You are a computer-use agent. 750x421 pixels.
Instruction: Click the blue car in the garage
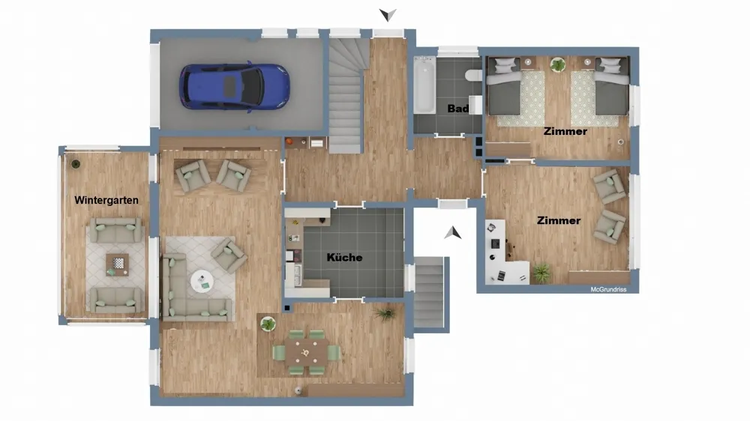[234, 87]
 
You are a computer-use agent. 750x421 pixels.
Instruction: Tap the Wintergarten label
[106, 200]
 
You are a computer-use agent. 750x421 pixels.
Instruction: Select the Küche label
[344, 258]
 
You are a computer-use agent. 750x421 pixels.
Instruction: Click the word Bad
[457, 109]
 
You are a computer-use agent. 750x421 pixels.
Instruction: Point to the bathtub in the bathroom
[424, 85]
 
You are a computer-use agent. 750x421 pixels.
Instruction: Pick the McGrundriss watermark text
[608, 290]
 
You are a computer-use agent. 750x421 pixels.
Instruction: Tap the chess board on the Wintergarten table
[118, 263]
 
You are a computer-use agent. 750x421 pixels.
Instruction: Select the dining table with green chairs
[306, 353]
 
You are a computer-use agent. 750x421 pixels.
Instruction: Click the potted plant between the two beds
[558, 64]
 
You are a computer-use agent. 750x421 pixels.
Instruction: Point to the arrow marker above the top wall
[388, 15]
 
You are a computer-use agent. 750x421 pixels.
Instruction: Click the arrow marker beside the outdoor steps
[452, 233]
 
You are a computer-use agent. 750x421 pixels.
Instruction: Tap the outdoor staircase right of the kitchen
[428, 292]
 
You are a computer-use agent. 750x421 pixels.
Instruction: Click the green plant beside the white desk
[541, 273]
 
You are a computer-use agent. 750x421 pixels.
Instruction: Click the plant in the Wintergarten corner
[76, 164]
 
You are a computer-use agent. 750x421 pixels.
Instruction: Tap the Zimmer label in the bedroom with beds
[565, 131]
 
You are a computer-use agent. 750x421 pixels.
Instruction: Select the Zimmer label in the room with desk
[559, 220]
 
